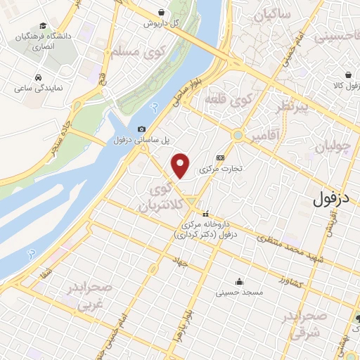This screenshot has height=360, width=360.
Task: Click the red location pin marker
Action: coord(181,165)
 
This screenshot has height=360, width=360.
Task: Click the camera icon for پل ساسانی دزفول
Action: coord(142,129)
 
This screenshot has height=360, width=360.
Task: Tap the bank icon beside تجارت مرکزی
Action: coord(221,157)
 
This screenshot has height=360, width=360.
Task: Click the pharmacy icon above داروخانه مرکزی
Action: coord(206,214)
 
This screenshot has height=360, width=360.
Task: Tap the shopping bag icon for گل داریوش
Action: coord(162,12)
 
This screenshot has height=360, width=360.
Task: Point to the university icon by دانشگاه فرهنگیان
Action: coord(13,37)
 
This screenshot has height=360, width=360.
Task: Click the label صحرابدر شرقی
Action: coord(305,325)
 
